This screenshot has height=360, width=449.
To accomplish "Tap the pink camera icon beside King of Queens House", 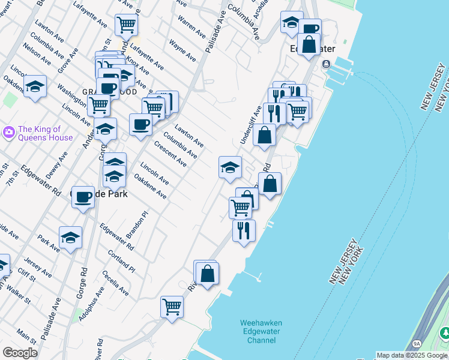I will pyautogui.click(x=9, y=131).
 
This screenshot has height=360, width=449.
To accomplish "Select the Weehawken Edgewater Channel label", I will pyautogui.click(x=261, y=331).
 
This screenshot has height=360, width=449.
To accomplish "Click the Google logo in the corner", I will pyautogui.click(x=20, y=353).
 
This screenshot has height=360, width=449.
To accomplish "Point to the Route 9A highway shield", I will pyautogui.click(x=417, y=344).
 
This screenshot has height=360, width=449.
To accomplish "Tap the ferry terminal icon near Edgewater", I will pyautogui.click(x=326, y=64).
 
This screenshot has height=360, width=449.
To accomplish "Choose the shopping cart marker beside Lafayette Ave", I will pyautogui.click(x=127, y=25).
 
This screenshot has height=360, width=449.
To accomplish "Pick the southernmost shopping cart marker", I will pyautogui.click(x=172, y=307).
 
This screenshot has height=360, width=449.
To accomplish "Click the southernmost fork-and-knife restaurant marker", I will pyautogui.click(x=244, y=230).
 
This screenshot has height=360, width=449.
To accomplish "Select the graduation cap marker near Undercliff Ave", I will pyautogui.click(x=230, y=167).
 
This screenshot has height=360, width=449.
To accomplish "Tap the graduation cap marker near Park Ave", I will pyautogui.click(x=70, y=237).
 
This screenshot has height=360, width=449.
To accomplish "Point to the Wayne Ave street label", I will pyautogui.click(x=182, y=50).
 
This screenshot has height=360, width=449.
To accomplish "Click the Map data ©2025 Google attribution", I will pyautogui.click(x=412, y=355).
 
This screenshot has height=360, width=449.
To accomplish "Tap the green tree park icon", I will pyautogui.click(x=445, y=332).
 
